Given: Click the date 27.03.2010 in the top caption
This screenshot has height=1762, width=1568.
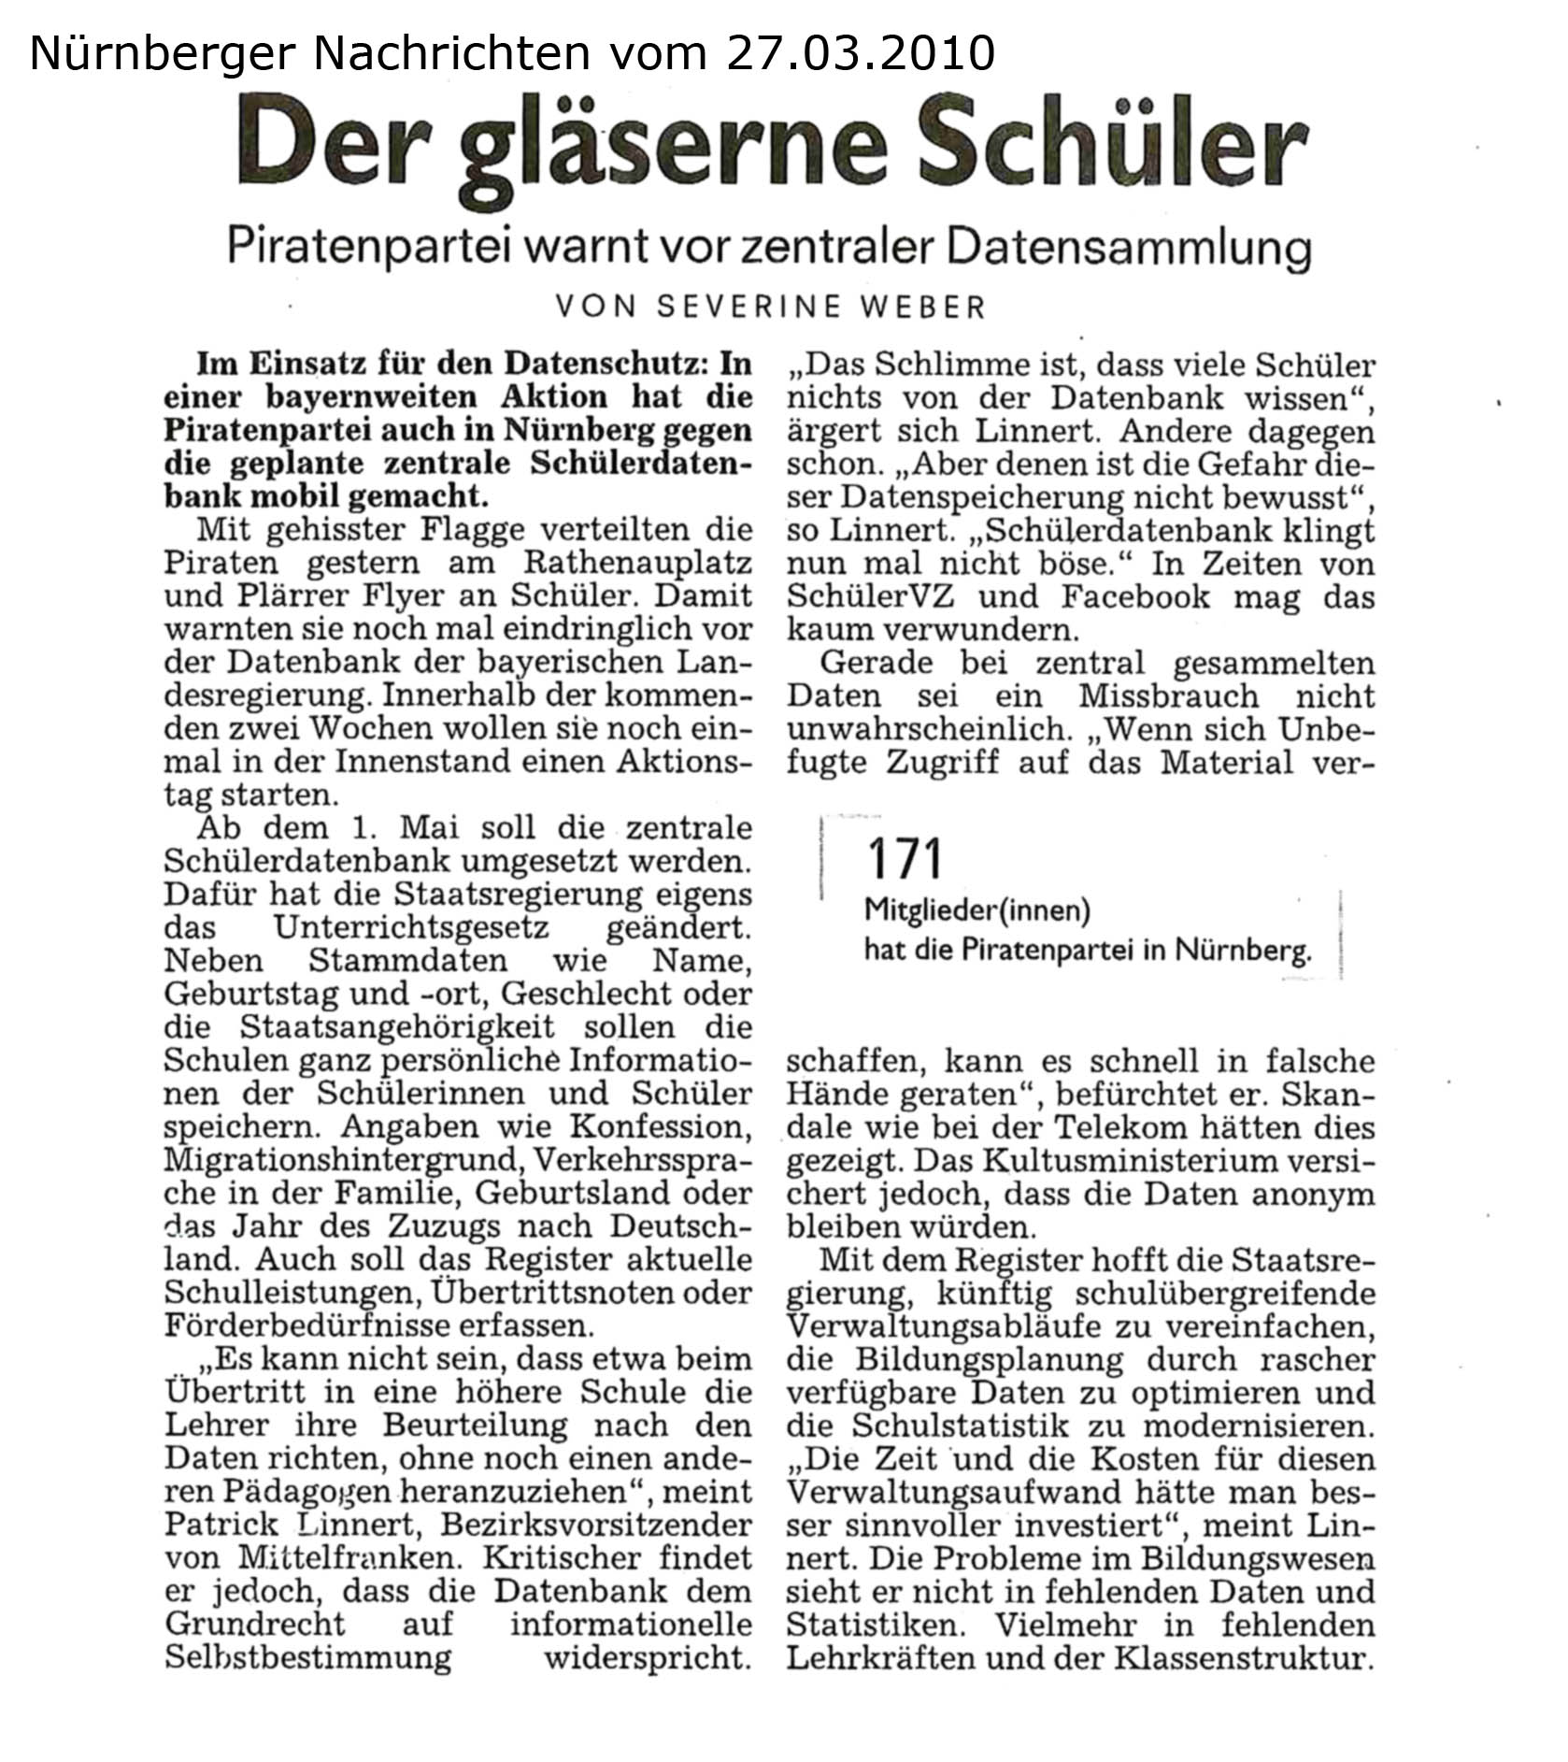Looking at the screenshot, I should (x=861, y=53).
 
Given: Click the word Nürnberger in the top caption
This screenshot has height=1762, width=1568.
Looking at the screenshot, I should (x=164, y=53).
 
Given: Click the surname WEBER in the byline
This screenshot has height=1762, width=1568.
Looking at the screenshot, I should (x=925, y=307).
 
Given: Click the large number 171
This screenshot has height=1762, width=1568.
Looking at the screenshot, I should (x=905, y=858).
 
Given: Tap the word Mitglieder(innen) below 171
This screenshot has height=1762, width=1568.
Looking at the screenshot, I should (x=977, y=909).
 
